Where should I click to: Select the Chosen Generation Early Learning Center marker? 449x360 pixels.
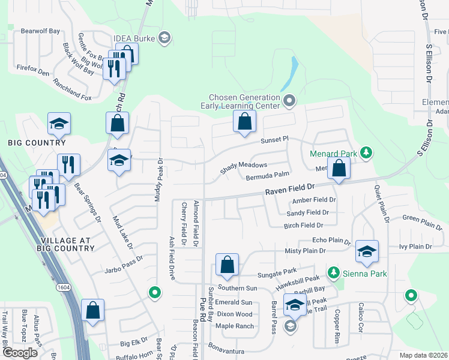coord(289,100)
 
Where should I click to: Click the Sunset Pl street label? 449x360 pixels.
coord(274,140)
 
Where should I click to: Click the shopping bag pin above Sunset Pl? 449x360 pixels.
coord(244,122)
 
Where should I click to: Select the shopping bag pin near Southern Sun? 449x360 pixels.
coord(227,265)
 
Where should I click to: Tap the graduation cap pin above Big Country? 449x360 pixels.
coord(59,124)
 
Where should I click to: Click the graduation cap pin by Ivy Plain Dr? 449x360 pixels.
coord(367,251)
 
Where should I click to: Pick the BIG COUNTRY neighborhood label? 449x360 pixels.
coord(37,143)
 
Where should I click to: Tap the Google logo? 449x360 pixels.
coord(20,352)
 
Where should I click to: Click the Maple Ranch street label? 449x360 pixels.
coord(235,326)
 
